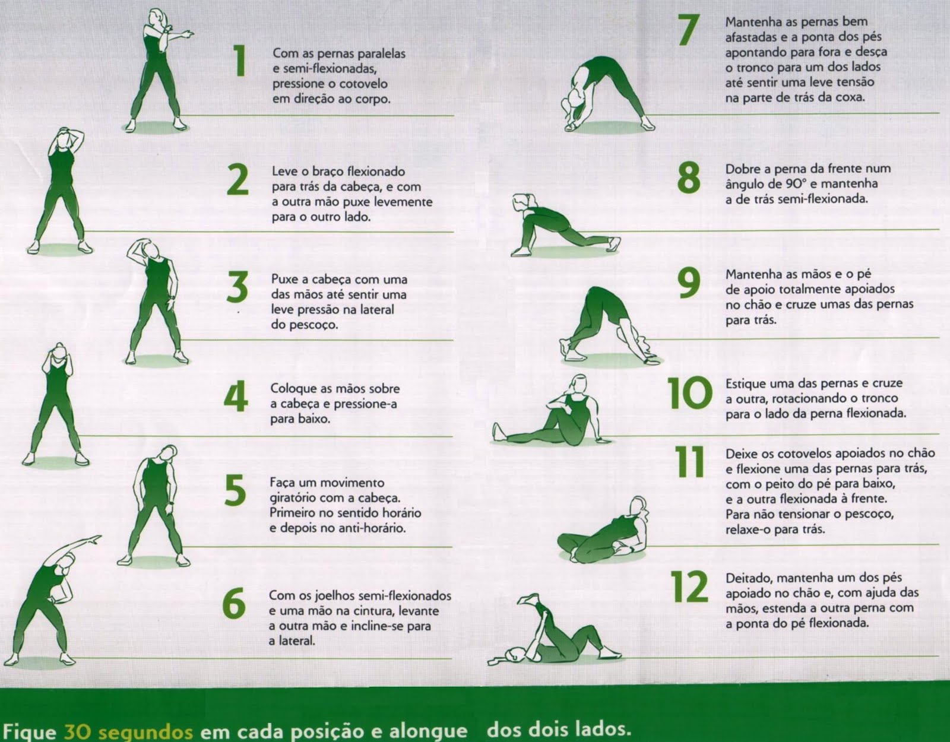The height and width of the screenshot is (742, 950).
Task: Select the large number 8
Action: point(688,178)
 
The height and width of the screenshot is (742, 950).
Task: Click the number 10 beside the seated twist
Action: point(688,392)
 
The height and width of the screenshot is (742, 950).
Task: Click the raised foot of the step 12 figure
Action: point(528,599)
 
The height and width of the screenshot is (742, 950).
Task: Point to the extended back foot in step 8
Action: point(615,244)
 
